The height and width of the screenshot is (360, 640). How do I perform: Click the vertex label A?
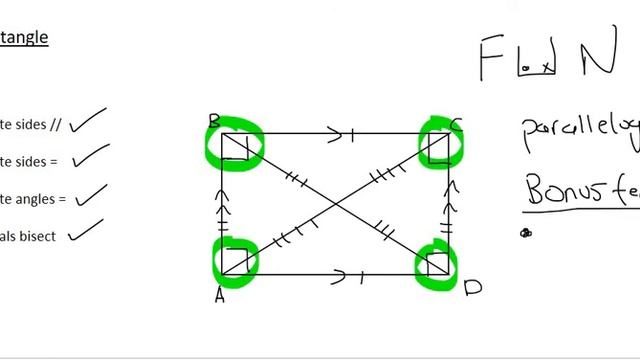click(219, 295)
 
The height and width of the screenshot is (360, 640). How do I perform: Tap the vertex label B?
click(214, 122)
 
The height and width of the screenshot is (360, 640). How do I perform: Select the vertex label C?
click(456, 125)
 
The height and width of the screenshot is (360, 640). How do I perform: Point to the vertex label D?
click(472, 288)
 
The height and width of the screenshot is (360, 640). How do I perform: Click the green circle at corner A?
click(235, 258)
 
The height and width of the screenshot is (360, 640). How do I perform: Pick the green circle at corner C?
click(439, 142)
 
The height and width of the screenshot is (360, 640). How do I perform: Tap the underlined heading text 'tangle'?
click(24, 38)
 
